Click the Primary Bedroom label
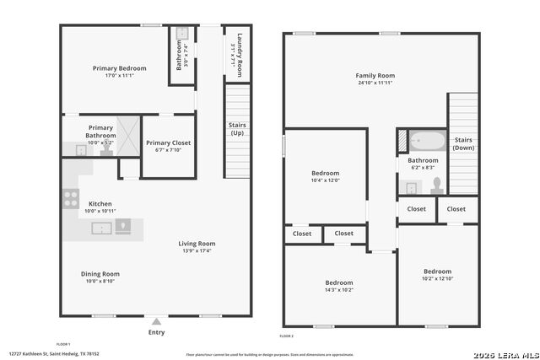(119, 68)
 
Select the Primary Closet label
(168, 143)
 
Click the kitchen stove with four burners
(71, 200)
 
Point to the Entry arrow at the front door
(156, 321)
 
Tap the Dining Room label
(100, 274)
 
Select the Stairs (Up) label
(238, 129)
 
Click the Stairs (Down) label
(463, 143)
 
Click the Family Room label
(375, 76)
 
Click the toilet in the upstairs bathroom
(436, 184)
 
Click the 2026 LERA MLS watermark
(505, 352)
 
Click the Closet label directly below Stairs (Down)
(456, 209)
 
